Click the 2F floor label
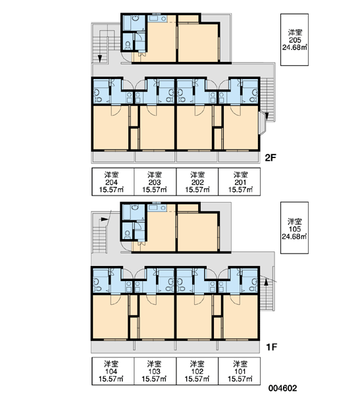point(271,158)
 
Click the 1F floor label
point(272,347)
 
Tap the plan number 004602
point(282,388)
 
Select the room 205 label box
point(294,39)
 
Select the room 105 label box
point(294,228)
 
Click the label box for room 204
point(113,182)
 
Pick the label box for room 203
point(155,182)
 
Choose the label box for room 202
point(197,182)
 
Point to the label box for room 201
point(240,182)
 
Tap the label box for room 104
point(113,371)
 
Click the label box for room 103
point(155,371)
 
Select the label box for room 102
point(197,371)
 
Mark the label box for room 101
point(240,371)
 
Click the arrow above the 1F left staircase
point(105,219)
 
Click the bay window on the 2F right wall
point(263,122)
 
